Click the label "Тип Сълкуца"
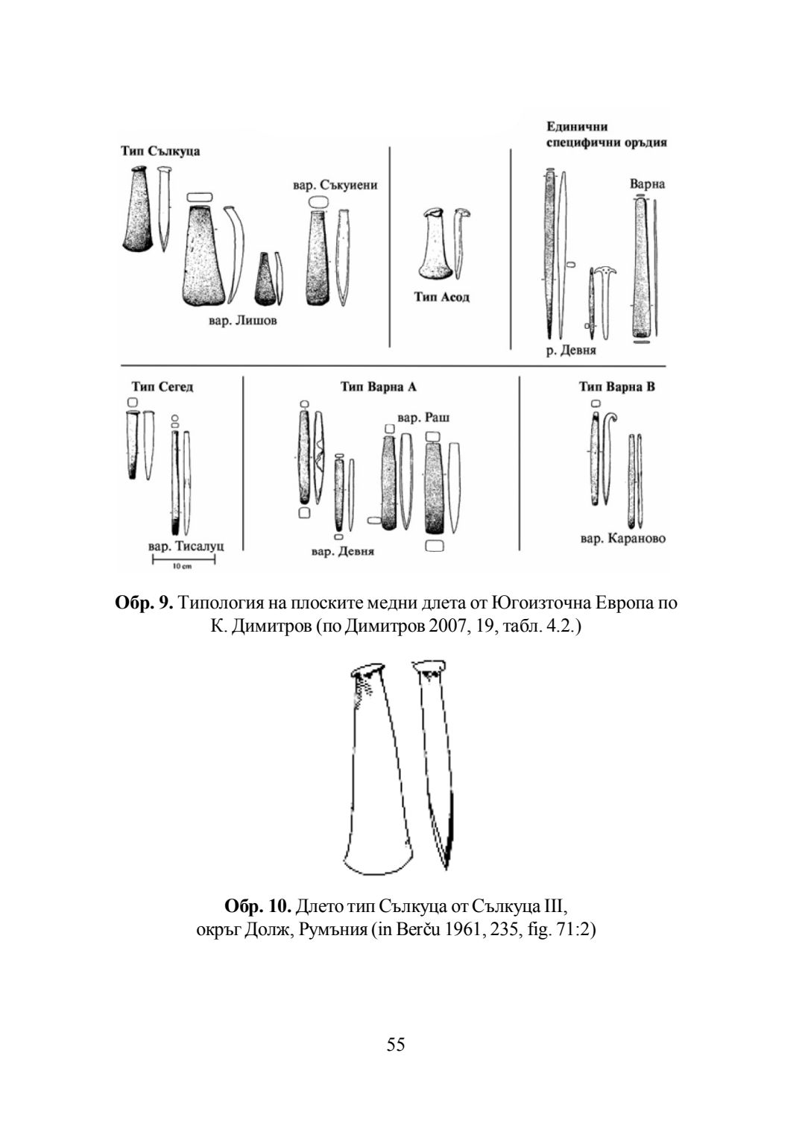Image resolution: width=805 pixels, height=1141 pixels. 160,151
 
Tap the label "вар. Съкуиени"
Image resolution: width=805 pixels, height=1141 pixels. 335,185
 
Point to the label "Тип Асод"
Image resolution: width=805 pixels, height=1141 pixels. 442,297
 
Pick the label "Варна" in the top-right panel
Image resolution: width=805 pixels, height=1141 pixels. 646,183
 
